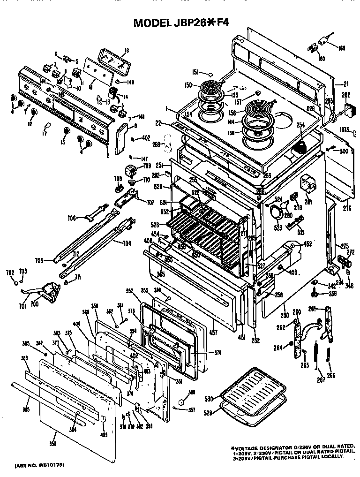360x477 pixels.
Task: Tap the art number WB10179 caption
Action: tap(39, 465)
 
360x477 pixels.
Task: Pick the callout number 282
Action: tap(346, 95)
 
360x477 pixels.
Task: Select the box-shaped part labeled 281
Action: tap(307, 182)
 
